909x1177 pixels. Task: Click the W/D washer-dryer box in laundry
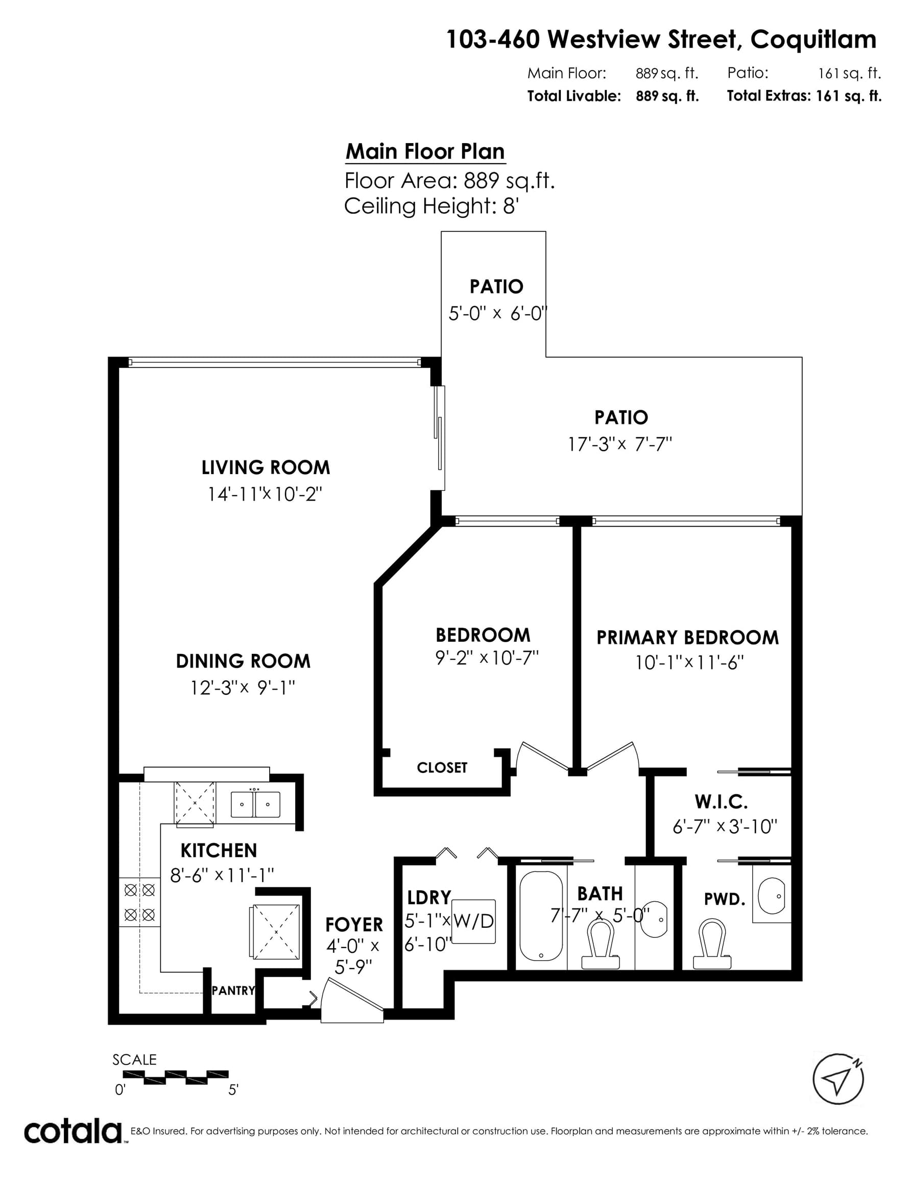tap(473, 921)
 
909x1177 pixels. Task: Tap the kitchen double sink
tap(255, 805)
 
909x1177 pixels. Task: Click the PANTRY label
tap(233, 991)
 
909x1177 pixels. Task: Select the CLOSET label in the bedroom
tap(442, 767)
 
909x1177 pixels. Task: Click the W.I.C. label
tap(721, 802)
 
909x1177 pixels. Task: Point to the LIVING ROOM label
tap(266, 467)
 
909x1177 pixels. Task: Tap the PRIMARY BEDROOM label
tap(687, 638)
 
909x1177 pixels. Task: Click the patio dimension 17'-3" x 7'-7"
tap(620, 444)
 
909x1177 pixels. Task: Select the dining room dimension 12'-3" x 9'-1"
tap(243, 688)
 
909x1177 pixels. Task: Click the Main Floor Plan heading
tap(425, 151)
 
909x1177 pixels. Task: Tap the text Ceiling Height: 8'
tap(431, 206)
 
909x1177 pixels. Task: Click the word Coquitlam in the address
tap(814, 40)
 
